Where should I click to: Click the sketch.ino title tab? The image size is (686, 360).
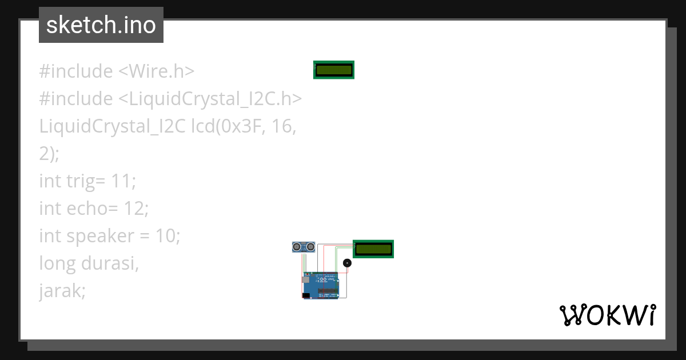(x=101, y=25)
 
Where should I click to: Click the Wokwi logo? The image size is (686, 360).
(x=607, y=315)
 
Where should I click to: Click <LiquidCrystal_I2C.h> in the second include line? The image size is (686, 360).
(x=210, y=99)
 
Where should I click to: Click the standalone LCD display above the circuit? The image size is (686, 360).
(x=334, y=70)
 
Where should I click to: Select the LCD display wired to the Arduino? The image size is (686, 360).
(x=373, y=249)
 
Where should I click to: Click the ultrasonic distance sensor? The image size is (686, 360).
(x=304, y=246)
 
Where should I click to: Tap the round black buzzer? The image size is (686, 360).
(x=347, y=263)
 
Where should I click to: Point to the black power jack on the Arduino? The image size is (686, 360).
(x=306, y=295)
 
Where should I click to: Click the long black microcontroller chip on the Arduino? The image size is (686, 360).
(x=329, y=291)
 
